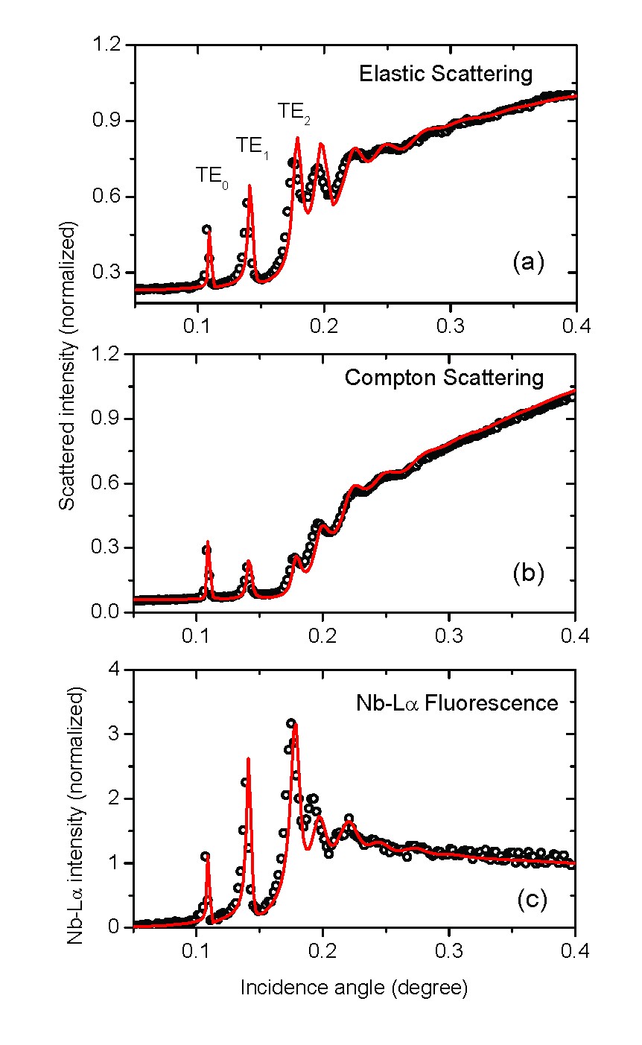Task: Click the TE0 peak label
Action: (212, 176)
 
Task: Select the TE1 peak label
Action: (252, 145)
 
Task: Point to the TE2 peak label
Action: (295, 112)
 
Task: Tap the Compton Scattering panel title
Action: (444, 378)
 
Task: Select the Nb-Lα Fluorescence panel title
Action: (456, 702)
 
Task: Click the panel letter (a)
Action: (529, 261)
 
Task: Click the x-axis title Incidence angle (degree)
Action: (354, 988)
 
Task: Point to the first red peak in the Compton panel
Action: (208, 542)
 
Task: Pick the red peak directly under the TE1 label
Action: (250, 186)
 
